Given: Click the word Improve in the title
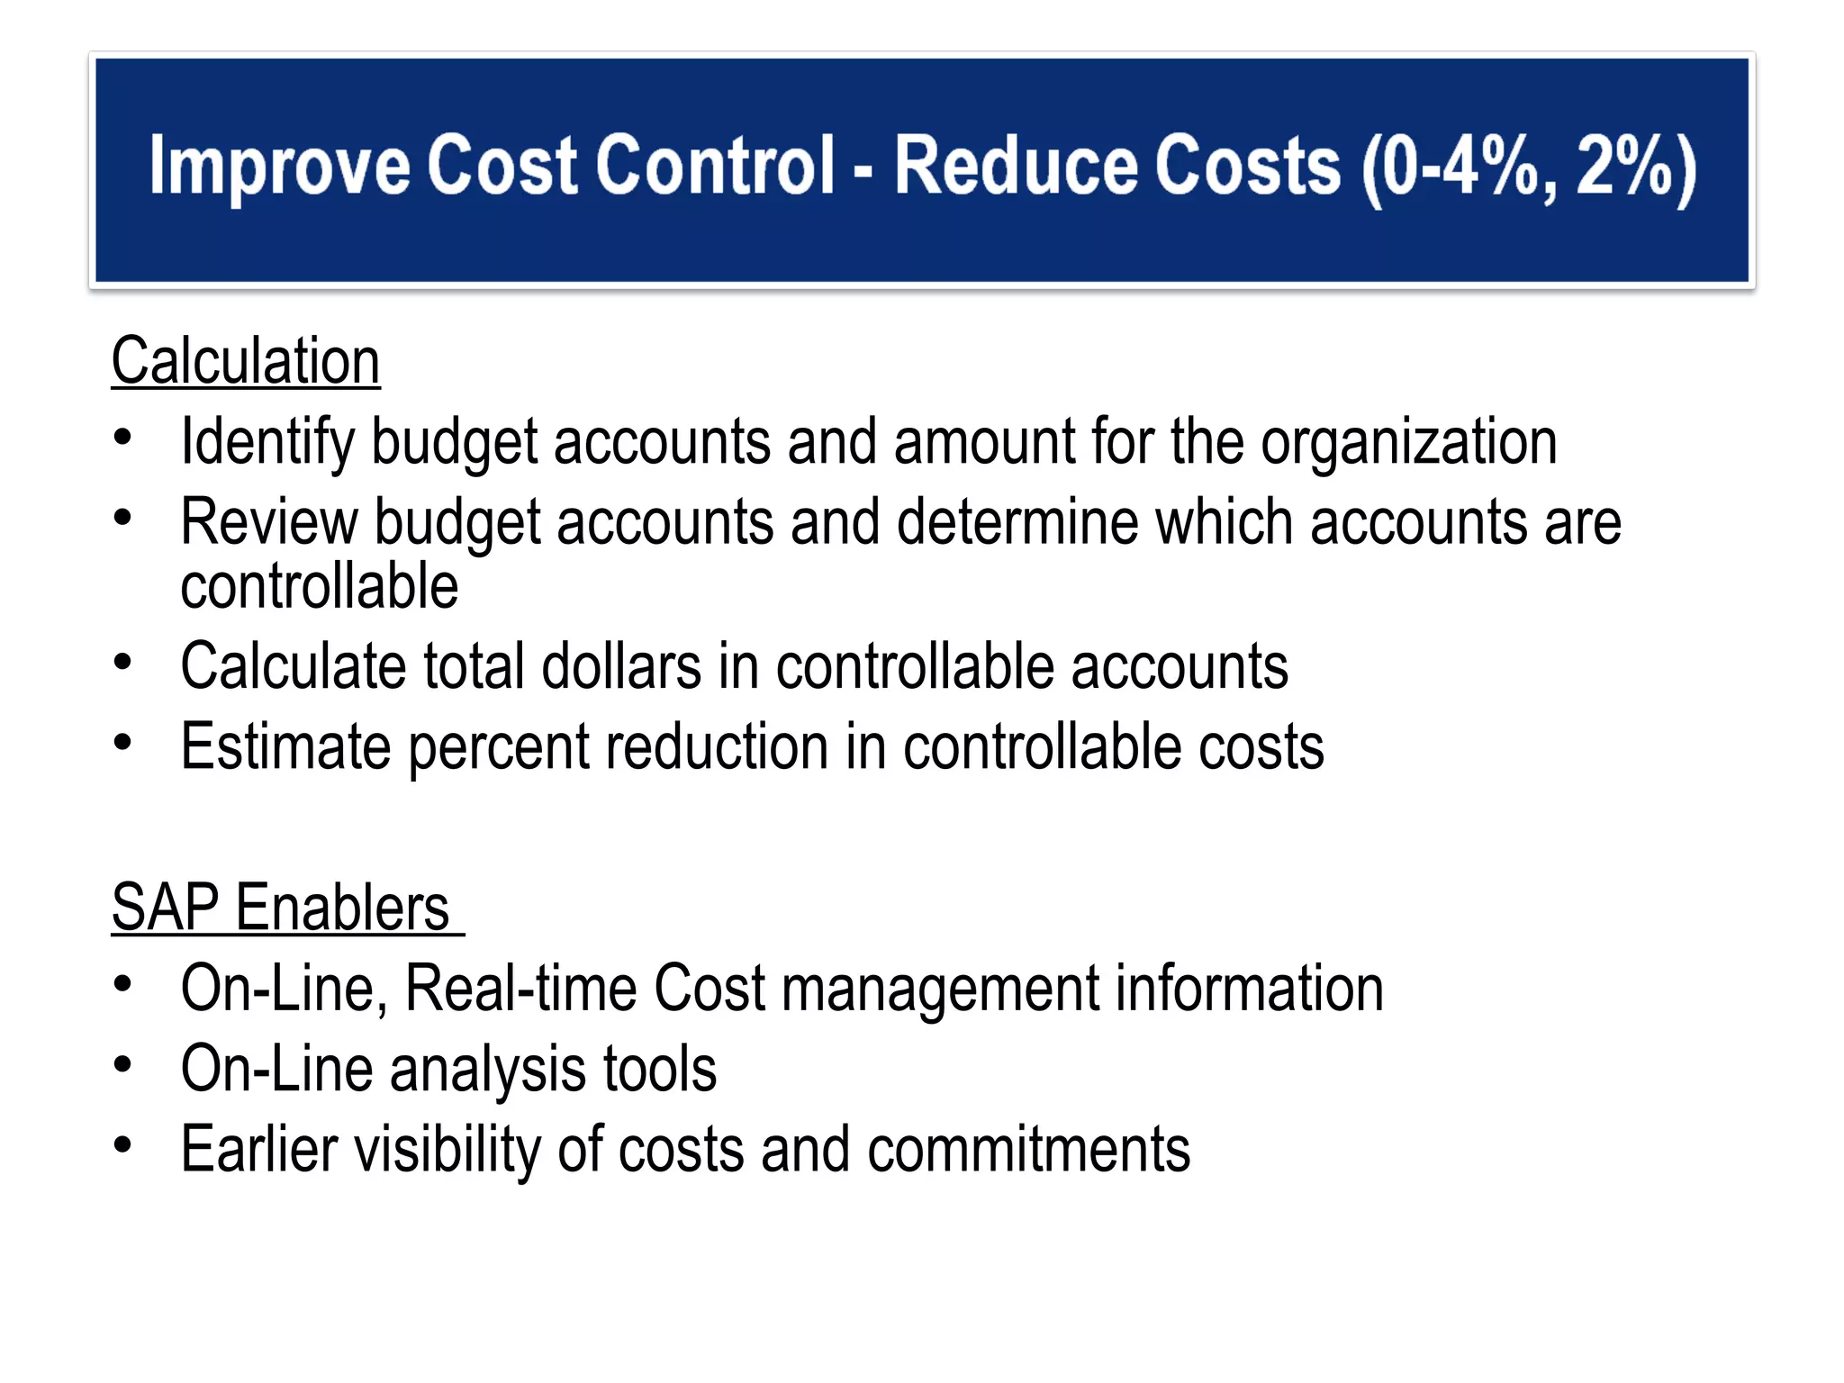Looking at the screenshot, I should [x=279, y=167].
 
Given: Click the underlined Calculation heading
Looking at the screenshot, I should [x=246, y=361].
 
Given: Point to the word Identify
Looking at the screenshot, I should [x=267, y=443].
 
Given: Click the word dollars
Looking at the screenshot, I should [x=621, y=667].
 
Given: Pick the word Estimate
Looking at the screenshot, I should [x=285, y=747].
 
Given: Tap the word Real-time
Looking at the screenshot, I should [x=521, y=989].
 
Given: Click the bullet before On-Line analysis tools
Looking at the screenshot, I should [x=123, y=1064].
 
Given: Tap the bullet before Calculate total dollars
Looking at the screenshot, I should [x=123, y=663].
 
